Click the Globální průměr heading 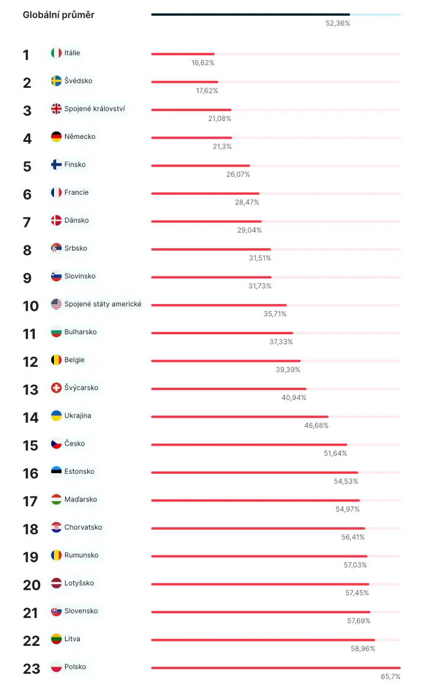click(59, 15)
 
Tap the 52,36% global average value click(337, 23)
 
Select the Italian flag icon click(56, 53)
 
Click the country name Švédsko click(78, 81)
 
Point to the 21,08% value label click(220, 118)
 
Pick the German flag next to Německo click(56, 136)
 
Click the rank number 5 click(27, 167)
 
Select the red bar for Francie click(205, 194)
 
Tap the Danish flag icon click(56, 221)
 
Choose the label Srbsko click(76, 248)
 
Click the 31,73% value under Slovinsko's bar click(260, 286)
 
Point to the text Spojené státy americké click(103, 304)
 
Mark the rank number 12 click(31, 362)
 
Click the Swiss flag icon click(56, 388)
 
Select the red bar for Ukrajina click(240, 417)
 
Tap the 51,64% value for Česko click(335, 454)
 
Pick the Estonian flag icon click(56, 471)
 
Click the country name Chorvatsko click(83, 527)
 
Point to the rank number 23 click(31, 669)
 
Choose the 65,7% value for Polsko click(390, 677)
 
